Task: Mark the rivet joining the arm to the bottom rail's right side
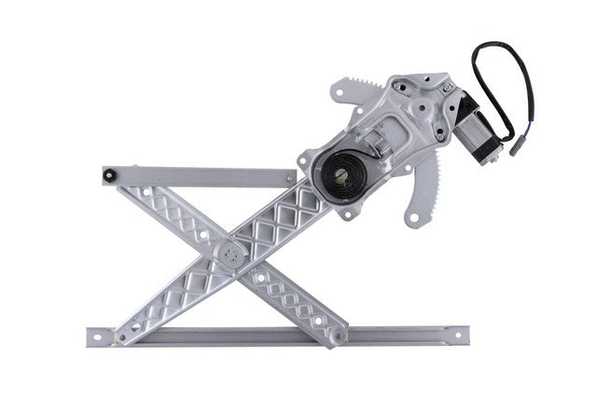(x=334, y=328)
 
